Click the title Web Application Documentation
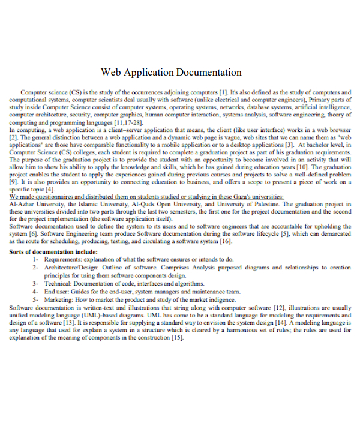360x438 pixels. [x=171, y=73]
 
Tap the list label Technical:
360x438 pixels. [x=59, y=283]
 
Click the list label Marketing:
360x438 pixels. [x=60, y=298]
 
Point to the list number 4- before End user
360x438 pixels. [x=37, y=290]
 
